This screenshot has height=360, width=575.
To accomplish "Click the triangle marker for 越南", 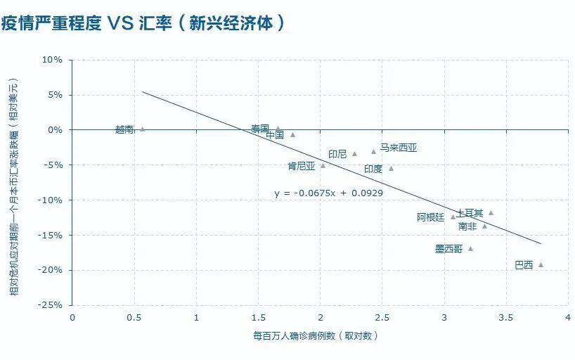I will (x=143, y=129).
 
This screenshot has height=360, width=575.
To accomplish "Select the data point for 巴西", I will (x=541, y=265).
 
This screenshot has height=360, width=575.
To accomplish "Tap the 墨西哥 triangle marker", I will (x=470, y=248).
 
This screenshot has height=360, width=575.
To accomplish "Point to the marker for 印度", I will (x=391, y=168).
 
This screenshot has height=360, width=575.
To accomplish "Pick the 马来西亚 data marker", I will (x=374, y=151).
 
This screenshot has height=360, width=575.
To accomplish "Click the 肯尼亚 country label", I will (x=302, y=167).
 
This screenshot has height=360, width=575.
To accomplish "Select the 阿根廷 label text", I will (x=431, y=217).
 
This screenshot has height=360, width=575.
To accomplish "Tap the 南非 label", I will (x=467, y=226).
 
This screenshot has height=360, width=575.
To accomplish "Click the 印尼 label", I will (x=337, y=154).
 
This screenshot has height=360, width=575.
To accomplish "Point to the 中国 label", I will (x=275, y=135).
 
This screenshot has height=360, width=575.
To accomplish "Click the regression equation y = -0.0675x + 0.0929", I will (x=328, y=193).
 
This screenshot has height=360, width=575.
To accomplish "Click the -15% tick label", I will (x=51, y=235).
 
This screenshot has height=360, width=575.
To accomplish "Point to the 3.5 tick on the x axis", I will (x=505, y=318).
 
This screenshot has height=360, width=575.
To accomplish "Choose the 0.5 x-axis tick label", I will (x=134, y=318).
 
